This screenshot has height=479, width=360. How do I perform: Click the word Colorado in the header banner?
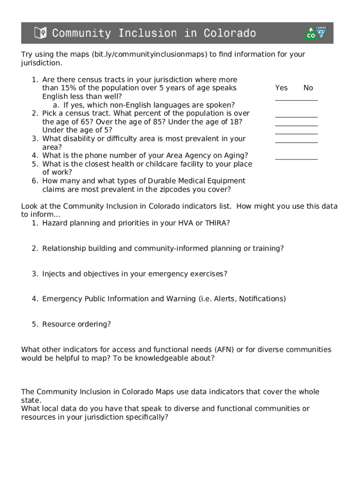pos(230,33)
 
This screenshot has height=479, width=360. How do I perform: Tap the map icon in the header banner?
pos(41,33)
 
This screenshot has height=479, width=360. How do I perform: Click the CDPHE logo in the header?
pos(317,32)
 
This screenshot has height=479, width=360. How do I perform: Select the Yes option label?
pos(281,88)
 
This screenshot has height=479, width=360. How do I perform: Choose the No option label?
pos(308,88)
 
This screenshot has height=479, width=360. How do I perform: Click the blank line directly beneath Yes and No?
pos(296,100)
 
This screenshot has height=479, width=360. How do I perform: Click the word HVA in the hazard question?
pos(186,223)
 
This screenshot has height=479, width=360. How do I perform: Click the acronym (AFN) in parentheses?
pos(226,349)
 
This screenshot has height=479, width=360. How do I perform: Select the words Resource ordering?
pos(76,324)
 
